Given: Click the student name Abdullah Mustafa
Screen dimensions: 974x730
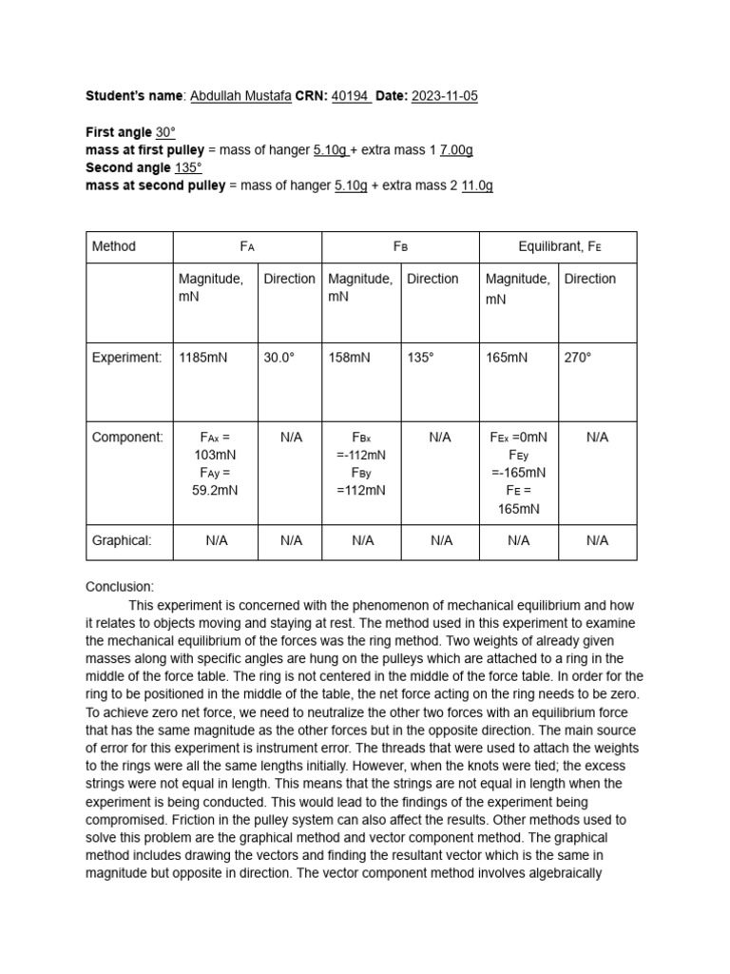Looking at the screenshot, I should (x=240, y=96).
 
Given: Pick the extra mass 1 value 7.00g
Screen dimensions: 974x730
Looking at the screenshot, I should (x=456, y=150).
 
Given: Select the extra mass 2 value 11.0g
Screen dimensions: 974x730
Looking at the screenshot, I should (x=477, y=185).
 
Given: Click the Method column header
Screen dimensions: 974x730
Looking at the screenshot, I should (x=114, y=246).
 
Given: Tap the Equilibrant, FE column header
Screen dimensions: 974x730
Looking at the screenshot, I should (x=560, y=246).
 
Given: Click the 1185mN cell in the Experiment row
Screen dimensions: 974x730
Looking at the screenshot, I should (x=202, y=358).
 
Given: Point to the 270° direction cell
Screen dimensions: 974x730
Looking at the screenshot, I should (x=578, y=358).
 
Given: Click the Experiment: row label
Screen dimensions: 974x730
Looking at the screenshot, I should (x=126, y=358).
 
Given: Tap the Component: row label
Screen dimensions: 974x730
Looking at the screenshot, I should (x=127, y=438).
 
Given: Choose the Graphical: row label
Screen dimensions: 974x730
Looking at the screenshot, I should (x=122, y=540).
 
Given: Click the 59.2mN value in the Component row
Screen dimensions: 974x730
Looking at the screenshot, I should (x=216, y=491).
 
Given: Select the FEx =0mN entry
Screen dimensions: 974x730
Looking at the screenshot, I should (x=519, y=438).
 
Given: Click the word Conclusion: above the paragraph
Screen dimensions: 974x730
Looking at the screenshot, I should (x=120, y=587).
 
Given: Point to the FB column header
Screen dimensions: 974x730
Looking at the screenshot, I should (x=400, y=246).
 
